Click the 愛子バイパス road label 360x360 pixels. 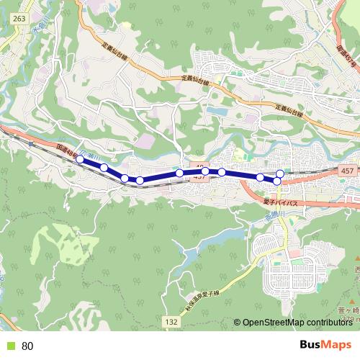coord(284,204)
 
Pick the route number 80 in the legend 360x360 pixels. coord(28,346)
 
